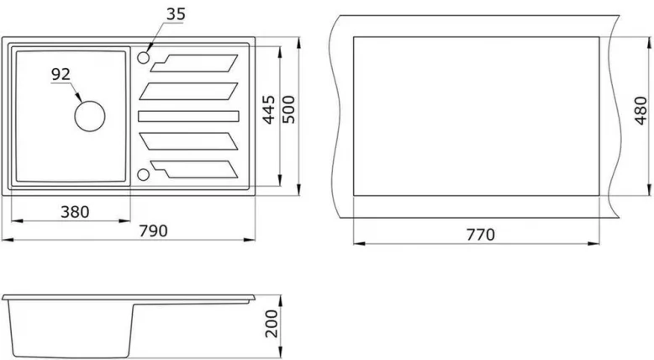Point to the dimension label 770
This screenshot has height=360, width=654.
[x=480, y=234]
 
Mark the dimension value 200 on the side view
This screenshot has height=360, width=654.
[x=270, y=324]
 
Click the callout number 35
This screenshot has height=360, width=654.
[x=175, y=13]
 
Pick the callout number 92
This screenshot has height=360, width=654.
[x=61, y=74]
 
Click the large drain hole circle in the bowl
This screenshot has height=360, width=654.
[x=89, y=115]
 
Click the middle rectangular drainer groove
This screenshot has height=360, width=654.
[x=188, y=115]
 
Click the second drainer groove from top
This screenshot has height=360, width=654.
[x=188, y=88]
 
